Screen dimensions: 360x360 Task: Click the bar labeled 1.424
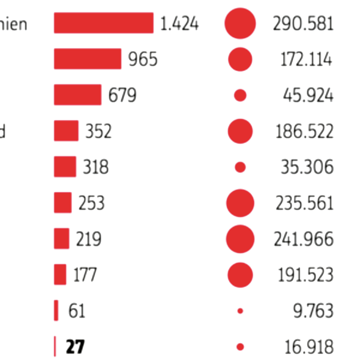(x=103, y=23)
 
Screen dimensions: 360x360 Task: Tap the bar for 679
(x=77, y=95)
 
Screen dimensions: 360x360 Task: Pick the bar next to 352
(x=66, y=131)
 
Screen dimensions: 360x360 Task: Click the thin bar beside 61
(x=56, y=311)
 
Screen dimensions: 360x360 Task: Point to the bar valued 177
(x=60, y=275)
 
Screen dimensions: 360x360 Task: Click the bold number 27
(x=76, y=347)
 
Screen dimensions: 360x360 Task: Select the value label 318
(x=96, y=167)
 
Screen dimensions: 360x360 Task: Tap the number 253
(x=91, y=203)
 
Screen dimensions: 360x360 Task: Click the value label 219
(x=88, y=239)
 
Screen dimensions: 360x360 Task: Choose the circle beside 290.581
(x=240, y=23)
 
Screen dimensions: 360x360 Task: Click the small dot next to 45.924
(x=240, y=95)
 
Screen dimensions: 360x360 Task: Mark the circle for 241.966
(x=240, y=239)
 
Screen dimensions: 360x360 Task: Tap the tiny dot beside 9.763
(x=240, y=311)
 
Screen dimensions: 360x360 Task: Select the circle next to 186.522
(x=240, y=131)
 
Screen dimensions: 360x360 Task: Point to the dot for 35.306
(x=240, y=167)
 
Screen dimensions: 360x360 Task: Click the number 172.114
(x=307, y=59)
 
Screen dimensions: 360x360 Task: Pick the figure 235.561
(x=304, y=203)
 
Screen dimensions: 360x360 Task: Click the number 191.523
(x=305, y=275)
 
